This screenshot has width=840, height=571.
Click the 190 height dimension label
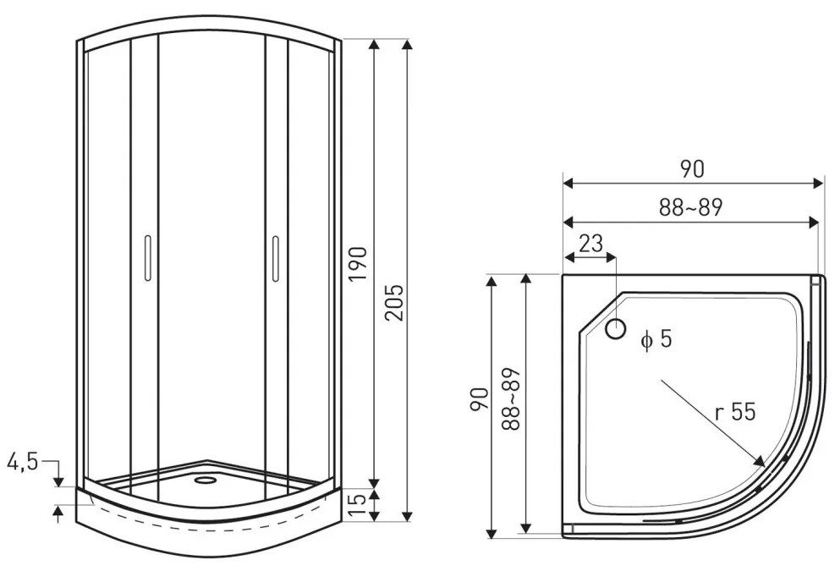[358, 264]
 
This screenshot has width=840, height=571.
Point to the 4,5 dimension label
[23, 461]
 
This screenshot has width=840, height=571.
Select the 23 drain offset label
[591, 244]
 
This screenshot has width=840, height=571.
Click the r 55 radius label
[735, 412]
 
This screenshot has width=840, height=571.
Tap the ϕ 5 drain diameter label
[656, 339]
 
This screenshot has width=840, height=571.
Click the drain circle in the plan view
[616, 329]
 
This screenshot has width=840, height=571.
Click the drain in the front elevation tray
[204, 480]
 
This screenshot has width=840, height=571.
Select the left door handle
[147, 258]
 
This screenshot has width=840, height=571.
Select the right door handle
[276, 258]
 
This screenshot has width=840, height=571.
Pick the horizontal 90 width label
[692, 169]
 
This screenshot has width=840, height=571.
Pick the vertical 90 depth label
[480, 399]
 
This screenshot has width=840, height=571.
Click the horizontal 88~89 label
[691, 208]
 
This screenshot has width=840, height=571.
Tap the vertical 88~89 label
[512, 399]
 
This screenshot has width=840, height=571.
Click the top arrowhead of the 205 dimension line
[408, 44]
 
